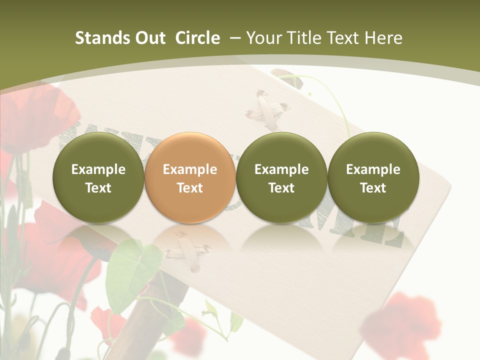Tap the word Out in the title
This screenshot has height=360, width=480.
148,38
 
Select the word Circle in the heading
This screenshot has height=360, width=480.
197,38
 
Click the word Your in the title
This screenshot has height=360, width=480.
262,38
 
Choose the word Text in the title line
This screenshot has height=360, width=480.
342,38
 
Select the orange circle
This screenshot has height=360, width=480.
190,177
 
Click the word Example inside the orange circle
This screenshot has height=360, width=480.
190,169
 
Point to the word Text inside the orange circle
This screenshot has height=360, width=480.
190,188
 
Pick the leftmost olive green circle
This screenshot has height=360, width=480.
98,177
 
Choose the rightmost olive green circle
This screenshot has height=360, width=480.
373,177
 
